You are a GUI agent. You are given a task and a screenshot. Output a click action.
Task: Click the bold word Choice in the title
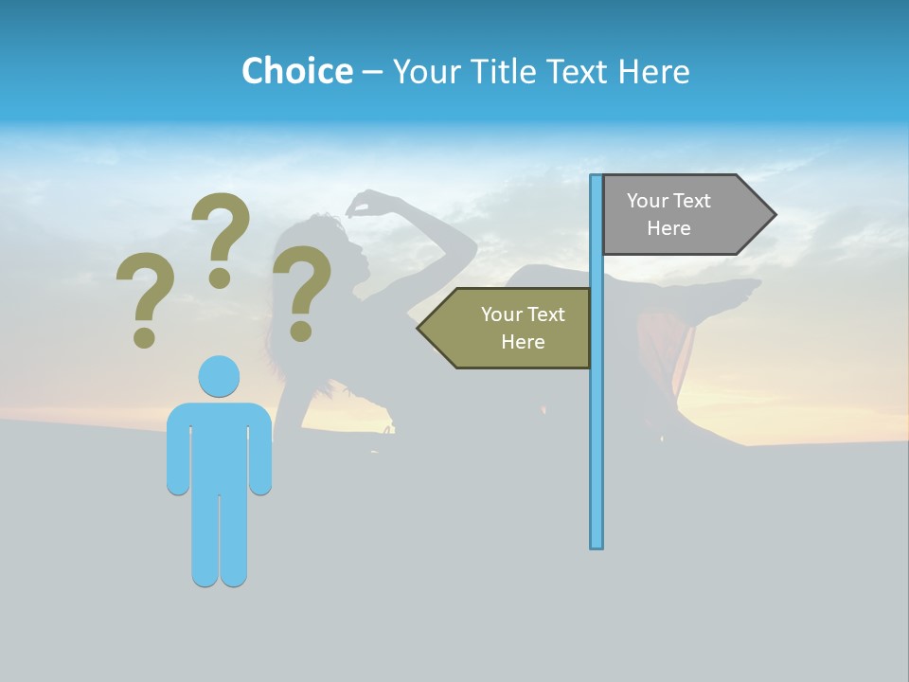click(x=296, y=71)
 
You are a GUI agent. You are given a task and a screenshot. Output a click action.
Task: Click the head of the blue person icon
click(x=219, y=377)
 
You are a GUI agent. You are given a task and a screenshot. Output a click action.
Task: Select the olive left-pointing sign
click(x=511, y=328)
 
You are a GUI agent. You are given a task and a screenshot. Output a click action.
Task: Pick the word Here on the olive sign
click(x=523, y=342)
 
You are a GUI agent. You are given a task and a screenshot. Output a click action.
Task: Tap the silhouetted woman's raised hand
click(x=361, y=203)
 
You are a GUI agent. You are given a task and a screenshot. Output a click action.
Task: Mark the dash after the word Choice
click(x=372, y=72)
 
